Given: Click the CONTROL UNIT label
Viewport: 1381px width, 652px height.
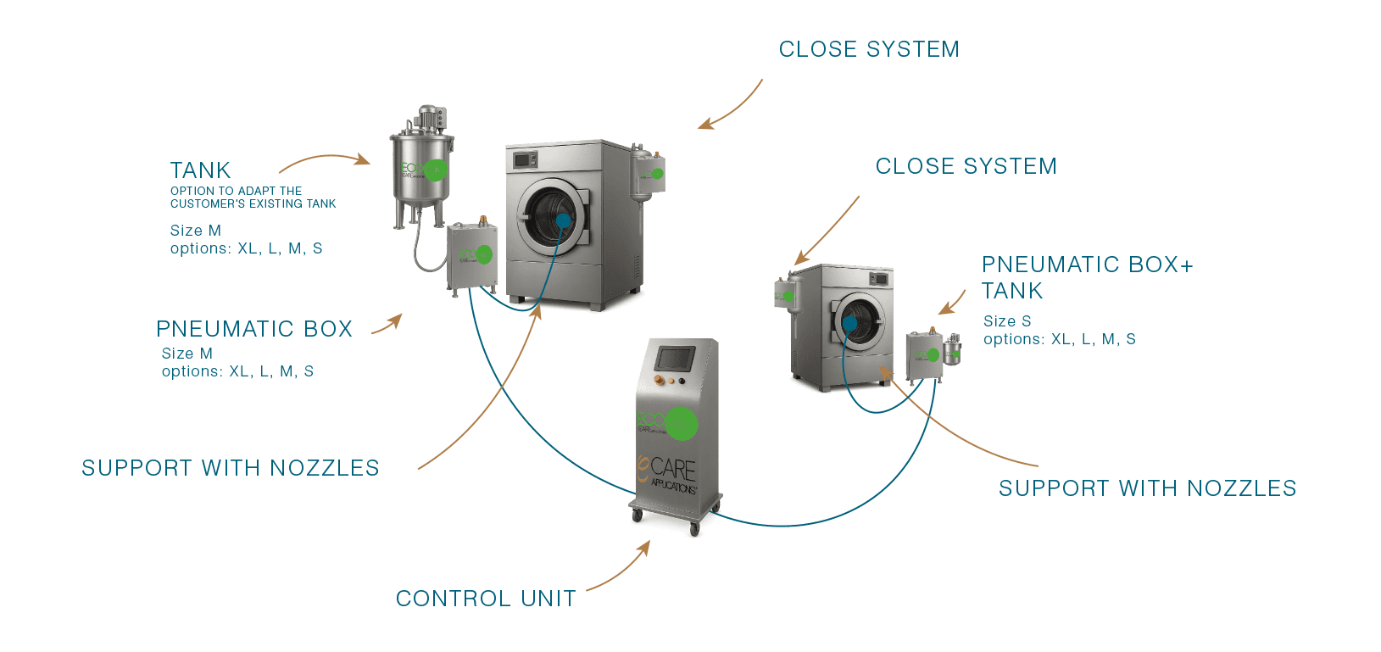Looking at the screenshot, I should pyautogui.click(x=486, y=599).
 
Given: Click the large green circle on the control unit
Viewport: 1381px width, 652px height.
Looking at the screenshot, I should pyautogui.click(x=682, y=423).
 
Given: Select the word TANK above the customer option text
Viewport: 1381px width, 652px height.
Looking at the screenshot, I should pyautogui.click(x=200, y=170).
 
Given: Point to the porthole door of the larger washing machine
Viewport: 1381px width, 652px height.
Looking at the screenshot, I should pyautogui.click(x=553, y=216).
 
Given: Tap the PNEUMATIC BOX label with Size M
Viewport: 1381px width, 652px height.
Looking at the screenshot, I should pyautogui.click(x=254, y=329).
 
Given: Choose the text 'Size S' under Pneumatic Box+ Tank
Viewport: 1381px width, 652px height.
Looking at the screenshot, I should pyautogui.click(x=1007, y=321).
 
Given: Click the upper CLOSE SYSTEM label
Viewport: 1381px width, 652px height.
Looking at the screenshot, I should pyautogui.click(x=869, y=49).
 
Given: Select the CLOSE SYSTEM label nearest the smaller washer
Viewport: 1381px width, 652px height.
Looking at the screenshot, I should pyautogui.click(x=966, y=166).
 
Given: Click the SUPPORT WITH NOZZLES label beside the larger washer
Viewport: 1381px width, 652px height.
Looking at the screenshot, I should pyautogui.click(x=231, y=468).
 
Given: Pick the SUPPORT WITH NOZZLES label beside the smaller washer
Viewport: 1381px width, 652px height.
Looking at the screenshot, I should pyautogui.click(x=1147, y=488).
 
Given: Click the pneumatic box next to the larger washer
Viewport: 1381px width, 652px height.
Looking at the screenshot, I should pyautogui.click(x=471, y=254).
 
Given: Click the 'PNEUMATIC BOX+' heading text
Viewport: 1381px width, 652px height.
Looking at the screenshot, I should pyautogui.click(x=1087, y=265).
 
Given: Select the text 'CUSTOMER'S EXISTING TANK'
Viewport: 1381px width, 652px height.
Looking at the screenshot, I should pyautogui.click(x=253, y=203).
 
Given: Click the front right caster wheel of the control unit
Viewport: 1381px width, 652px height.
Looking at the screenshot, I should pyautogui.click(x=694, y=529).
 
